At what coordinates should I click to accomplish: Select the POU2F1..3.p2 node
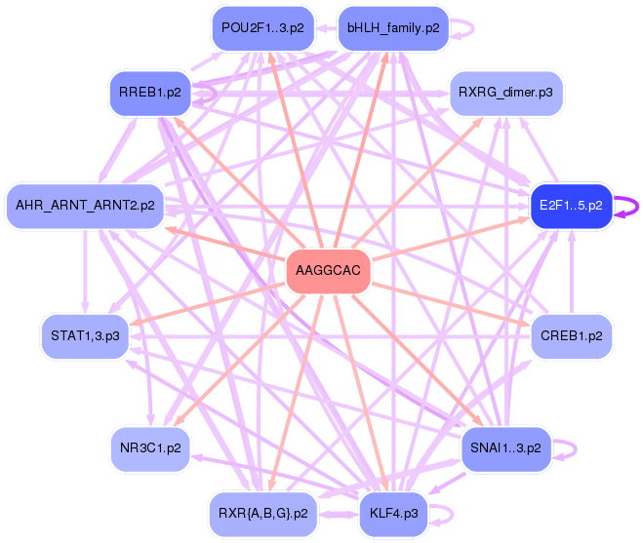point(262,28)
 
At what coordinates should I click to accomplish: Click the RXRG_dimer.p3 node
point(506,93)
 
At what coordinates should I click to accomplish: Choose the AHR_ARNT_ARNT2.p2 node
point(85,206)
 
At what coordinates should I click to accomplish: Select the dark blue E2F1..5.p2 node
point(571,206)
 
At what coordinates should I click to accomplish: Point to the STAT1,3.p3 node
point(85,336)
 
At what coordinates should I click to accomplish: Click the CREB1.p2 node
point(571,336)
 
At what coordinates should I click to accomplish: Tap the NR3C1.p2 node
point(149,449)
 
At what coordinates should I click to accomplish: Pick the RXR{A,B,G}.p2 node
point(262,513)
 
